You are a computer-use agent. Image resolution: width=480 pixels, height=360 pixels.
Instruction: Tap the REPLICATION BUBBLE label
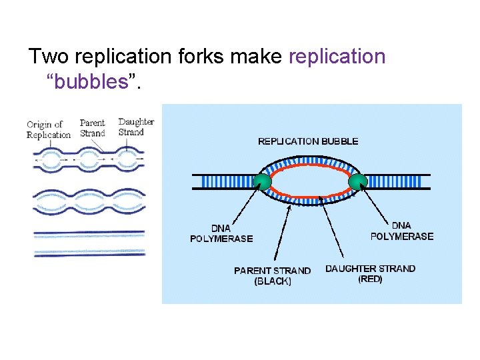tap(308, 141)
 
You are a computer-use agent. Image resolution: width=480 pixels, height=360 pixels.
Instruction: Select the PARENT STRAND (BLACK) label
tap(272, 276)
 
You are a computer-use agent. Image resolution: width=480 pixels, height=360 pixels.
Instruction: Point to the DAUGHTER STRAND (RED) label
tap(370, 274)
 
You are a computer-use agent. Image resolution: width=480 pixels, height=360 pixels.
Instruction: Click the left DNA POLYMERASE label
tap(221, 233)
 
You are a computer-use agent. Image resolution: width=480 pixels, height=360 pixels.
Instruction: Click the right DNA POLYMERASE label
tap(401, 231)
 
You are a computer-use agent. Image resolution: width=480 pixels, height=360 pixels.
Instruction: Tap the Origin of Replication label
tap(49, 129)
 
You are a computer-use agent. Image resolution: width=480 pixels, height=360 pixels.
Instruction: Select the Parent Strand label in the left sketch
tap(93, 127)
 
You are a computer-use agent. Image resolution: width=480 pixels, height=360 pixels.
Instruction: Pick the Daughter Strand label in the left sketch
tap(136, 127)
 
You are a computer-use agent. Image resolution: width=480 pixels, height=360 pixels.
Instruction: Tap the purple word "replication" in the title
tap(337, 57)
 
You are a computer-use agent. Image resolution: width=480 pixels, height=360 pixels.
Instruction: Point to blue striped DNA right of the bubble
tap(397, 181)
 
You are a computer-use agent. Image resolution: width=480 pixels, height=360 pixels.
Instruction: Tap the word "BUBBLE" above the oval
tap(340, 141)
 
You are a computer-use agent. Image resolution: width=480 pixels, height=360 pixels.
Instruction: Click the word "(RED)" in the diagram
tap(370, 279)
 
